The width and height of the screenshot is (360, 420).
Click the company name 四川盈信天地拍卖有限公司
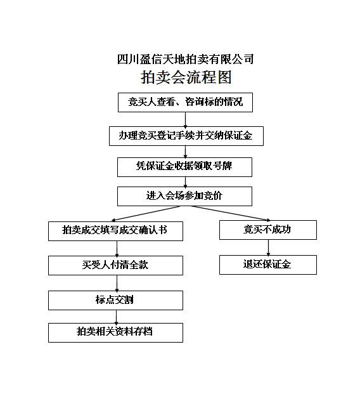186,59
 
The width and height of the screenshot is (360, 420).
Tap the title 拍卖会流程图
186,77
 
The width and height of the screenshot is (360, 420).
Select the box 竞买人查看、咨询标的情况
185,102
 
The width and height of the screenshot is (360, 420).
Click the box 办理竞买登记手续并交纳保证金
186,136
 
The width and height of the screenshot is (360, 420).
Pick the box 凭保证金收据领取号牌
184,167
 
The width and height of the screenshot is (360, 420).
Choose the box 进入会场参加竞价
184,196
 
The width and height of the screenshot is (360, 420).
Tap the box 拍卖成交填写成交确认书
115,231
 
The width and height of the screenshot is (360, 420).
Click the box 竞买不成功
268,230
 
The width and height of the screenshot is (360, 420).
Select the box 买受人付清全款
115,265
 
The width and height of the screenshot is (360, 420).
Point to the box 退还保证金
268,265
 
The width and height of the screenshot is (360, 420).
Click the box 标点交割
115,300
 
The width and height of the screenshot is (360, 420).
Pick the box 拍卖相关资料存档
115,332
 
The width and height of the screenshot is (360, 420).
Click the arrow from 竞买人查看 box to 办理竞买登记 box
186,119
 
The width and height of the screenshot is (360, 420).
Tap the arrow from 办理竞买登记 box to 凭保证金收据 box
186,152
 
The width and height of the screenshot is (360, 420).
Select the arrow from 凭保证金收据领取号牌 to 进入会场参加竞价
186,182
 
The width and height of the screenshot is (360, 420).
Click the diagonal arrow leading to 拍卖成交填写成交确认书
146,213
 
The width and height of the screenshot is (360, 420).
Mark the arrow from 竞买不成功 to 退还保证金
268,247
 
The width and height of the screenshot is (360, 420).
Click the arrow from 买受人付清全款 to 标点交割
117,283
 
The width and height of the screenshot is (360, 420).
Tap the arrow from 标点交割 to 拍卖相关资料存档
116,317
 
